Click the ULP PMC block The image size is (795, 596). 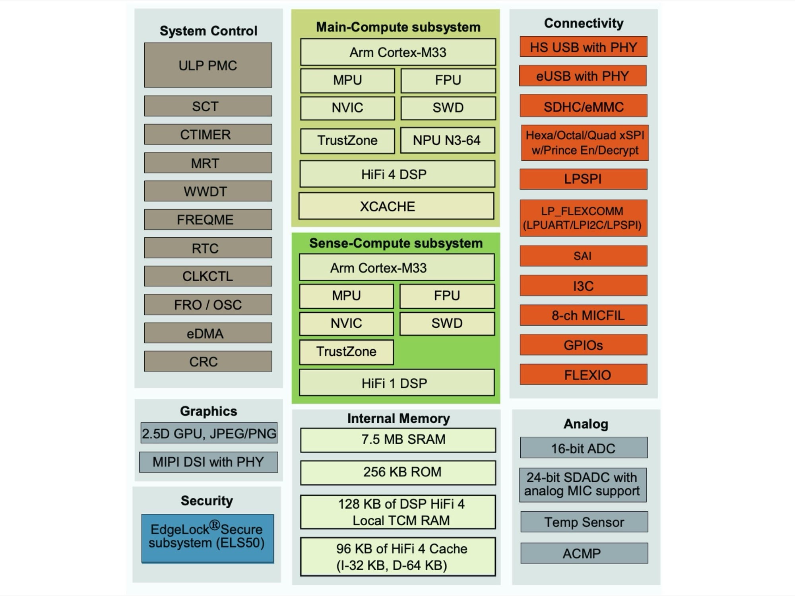tap(208, 65)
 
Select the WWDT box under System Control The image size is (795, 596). tap(208, 191)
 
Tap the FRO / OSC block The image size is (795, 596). tap(208, 305)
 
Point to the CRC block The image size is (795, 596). tap(208, 362)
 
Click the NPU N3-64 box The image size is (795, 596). tap(448, 140)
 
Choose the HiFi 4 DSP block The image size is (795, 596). tap(397, 174)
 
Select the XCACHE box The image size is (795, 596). tap(396, 206)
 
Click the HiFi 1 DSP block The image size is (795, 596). tap(397, 383)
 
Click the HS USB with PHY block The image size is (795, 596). tap(583, 47)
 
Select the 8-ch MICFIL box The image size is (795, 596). tap(584, 315)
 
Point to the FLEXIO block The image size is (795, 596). tap(584, 374)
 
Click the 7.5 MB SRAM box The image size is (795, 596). tap(398, 440)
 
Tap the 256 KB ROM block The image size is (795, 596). tap(398, 472)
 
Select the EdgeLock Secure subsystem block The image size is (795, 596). tap(207, 538)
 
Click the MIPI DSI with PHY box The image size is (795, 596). tap(208, 462)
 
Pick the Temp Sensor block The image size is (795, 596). tap(584, 522)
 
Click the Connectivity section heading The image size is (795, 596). tap(584, 23)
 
